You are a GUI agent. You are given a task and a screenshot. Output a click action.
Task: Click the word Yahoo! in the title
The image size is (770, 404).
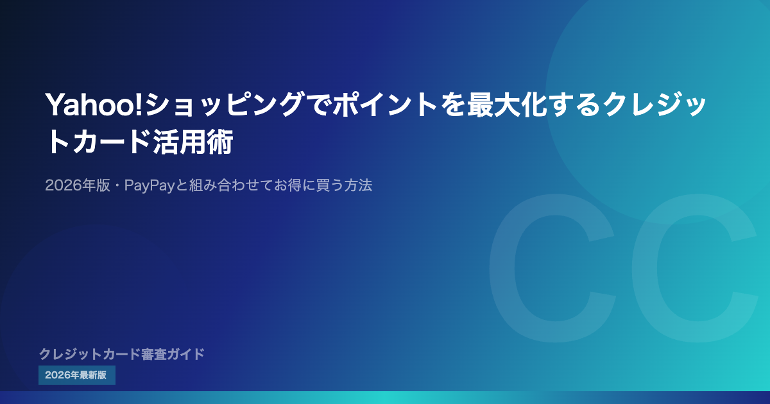coord(94,105)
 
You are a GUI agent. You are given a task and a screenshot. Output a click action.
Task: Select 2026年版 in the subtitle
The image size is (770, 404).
coord(78,185)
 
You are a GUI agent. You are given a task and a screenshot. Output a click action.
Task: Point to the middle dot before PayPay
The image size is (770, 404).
coord(117,185)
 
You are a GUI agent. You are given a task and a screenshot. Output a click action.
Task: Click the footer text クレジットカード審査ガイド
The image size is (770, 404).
coord(122,354)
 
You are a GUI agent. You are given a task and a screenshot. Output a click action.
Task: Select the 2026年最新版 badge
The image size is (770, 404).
coord(77,375)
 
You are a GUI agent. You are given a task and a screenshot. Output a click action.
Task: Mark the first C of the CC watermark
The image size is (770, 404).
coord(552,268)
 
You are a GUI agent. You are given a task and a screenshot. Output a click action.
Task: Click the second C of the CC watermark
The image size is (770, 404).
coord(695,268)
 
